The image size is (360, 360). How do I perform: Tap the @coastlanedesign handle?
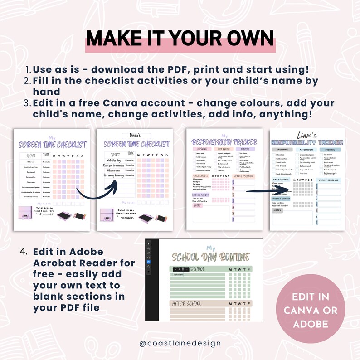pos(180,343)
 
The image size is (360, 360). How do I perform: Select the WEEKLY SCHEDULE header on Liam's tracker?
pos(328,180)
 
